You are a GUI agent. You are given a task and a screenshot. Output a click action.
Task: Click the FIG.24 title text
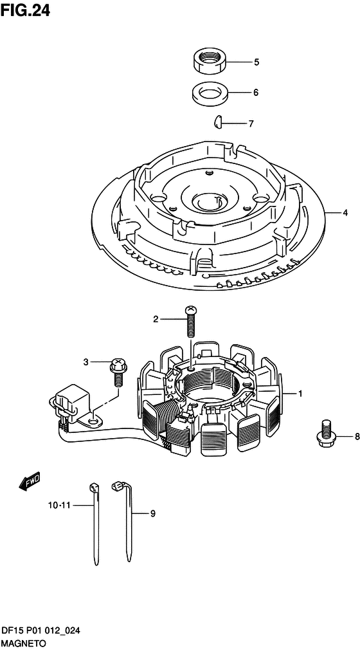[25, 10]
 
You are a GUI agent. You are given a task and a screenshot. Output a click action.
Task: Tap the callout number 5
[256, 62]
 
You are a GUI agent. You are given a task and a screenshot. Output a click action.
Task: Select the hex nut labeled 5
[210, 60]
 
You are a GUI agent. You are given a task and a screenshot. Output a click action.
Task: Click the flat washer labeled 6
[210, 92]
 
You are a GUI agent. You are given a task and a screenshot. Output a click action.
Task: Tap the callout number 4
[345, 213]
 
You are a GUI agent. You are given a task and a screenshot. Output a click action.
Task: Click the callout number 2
[156, 319]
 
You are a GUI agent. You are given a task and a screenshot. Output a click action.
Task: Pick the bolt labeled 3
[118, 372]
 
